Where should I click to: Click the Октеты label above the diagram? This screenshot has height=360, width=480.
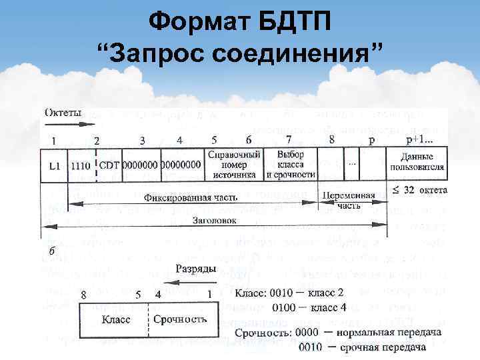(x=63, y=114)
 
